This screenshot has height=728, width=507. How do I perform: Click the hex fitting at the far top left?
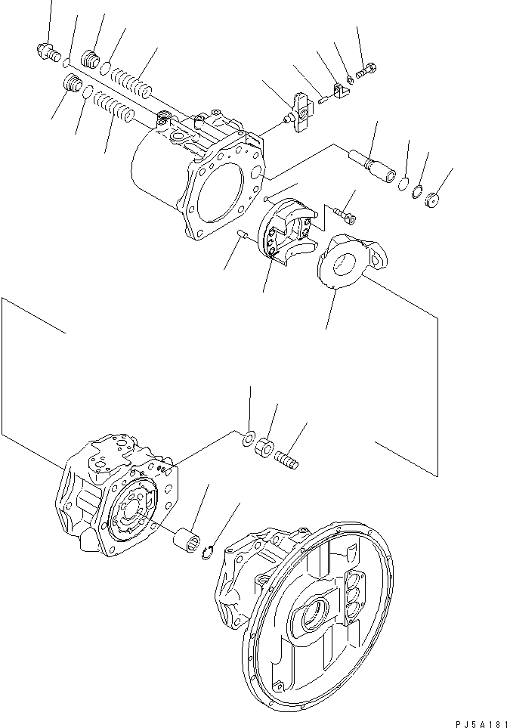point(48,52)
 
